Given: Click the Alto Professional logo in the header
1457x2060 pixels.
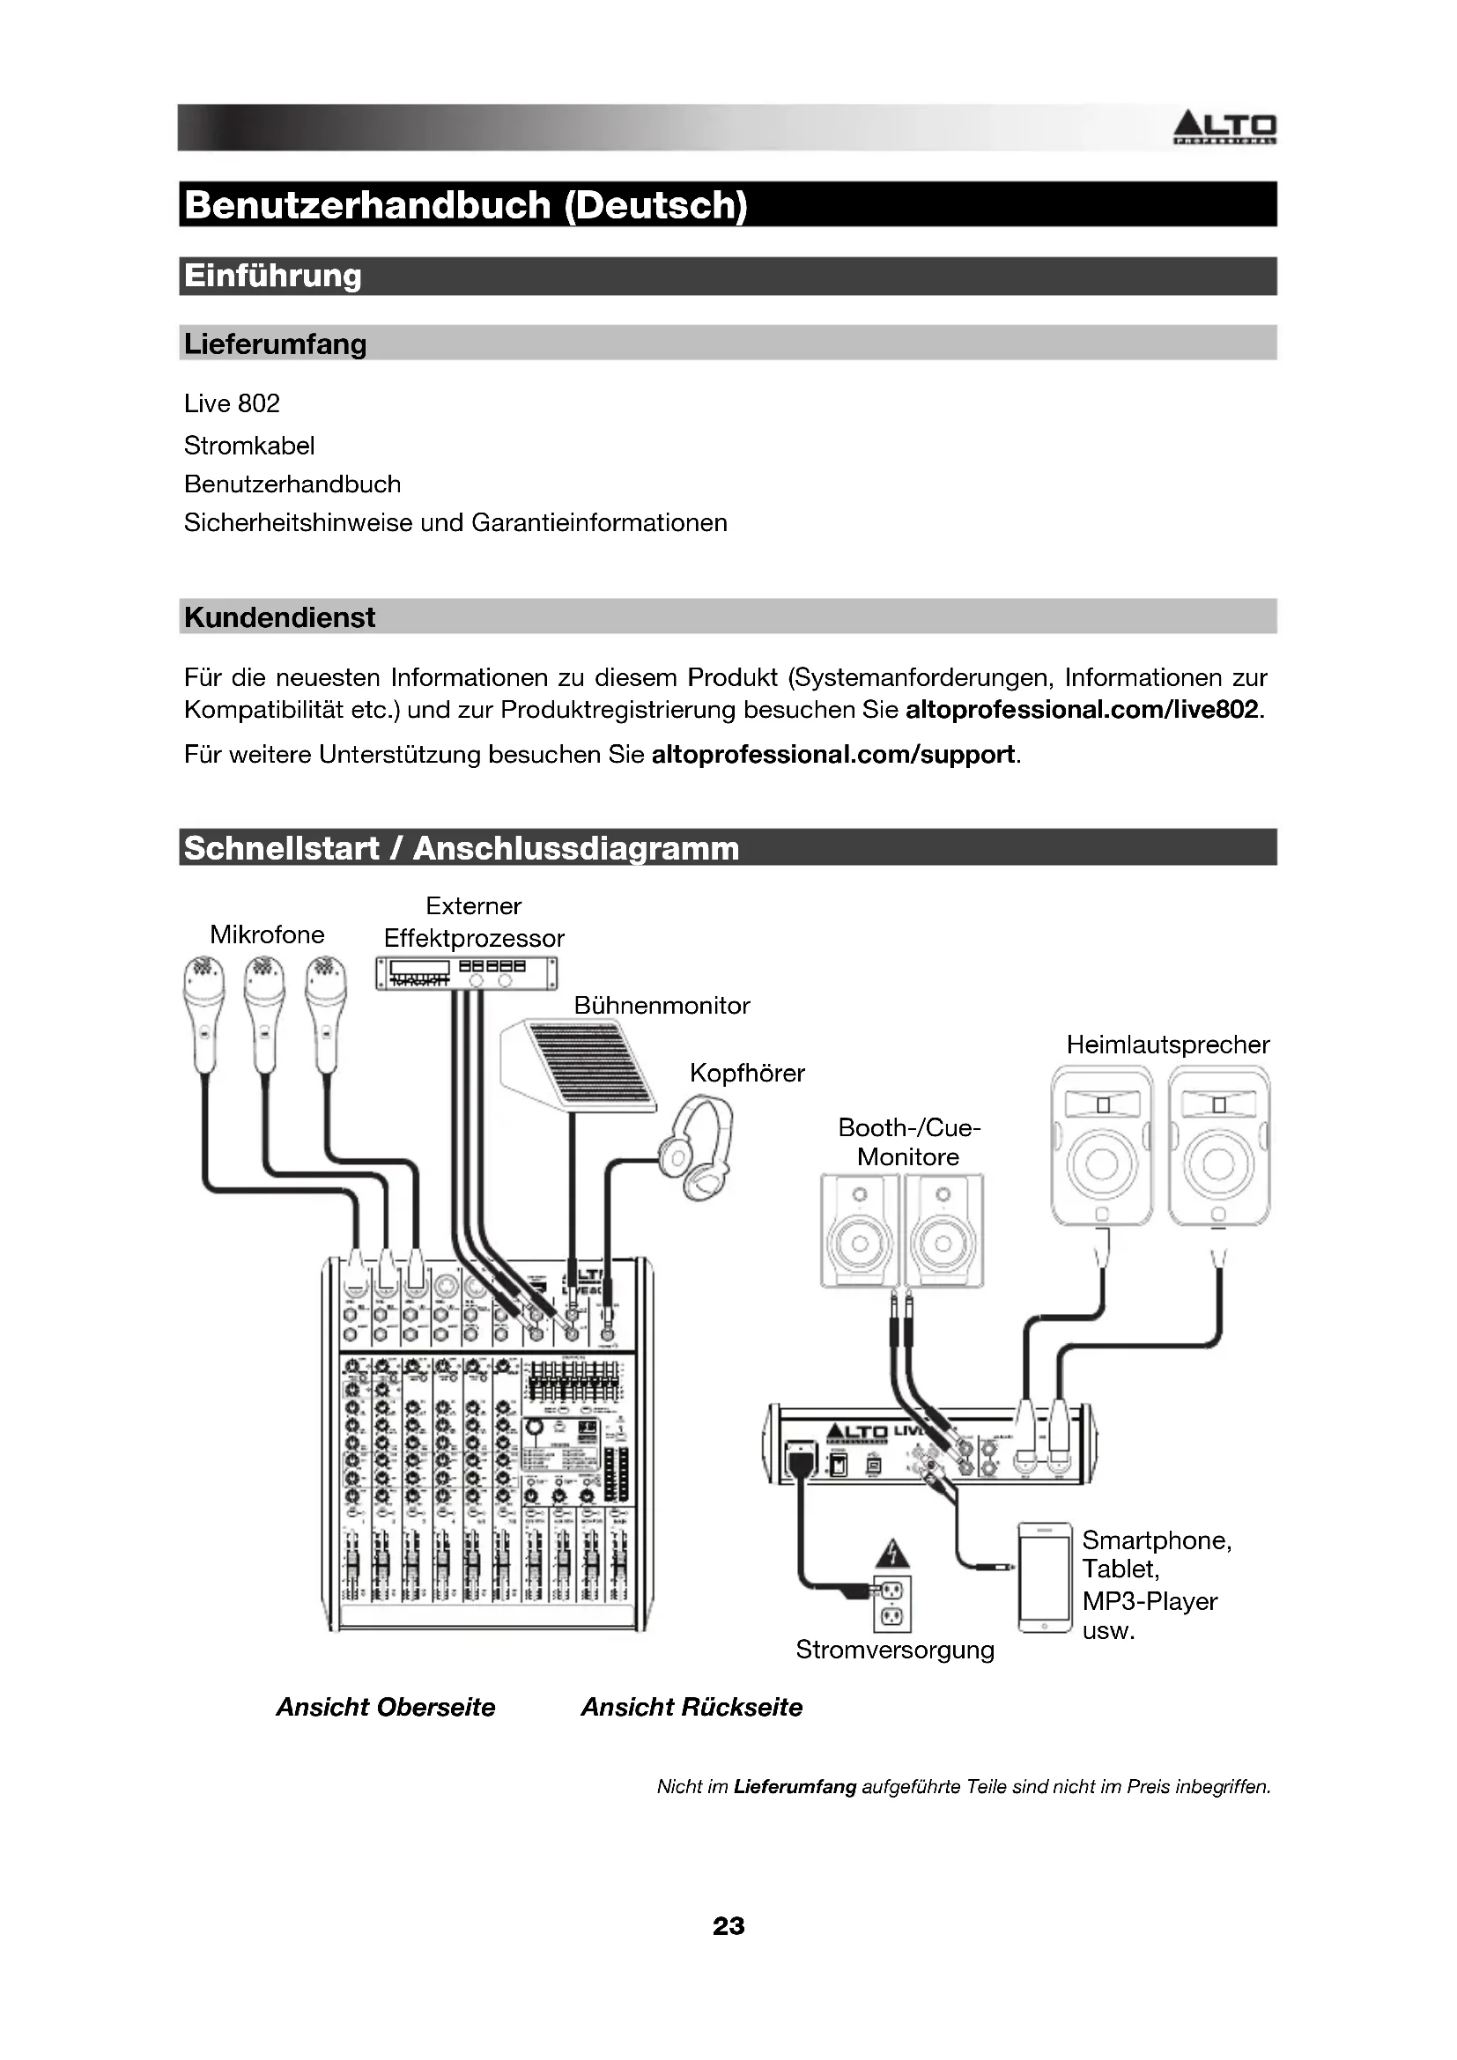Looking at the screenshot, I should pos(1224,129).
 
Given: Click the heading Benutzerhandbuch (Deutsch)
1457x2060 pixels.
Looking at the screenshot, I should pos(466,205).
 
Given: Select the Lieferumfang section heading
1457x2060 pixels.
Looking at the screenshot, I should pos(276,343).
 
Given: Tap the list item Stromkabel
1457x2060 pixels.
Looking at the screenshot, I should pos(249,445).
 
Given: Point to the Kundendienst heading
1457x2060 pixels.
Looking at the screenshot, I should pos(280,617).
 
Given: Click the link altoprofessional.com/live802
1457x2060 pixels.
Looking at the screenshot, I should pos(1083,710).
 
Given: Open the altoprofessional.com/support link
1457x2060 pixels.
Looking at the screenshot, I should pos(833,755).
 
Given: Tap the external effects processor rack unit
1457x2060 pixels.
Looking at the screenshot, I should pos(466,972).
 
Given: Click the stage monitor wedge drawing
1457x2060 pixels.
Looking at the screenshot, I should pos(580,1067).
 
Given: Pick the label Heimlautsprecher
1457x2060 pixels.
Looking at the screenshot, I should pos(1168,1045).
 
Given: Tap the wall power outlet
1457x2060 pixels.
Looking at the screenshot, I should pos(892,1603).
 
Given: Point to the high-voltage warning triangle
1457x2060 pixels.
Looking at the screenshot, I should pos(891,1553).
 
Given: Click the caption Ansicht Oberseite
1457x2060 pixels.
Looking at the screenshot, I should pos(386,1708).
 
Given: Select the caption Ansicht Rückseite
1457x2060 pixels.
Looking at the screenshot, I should pos(692,1708).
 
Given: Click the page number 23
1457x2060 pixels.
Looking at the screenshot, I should pos(728,1926).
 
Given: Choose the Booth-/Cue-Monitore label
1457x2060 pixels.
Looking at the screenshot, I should pos(909,1142).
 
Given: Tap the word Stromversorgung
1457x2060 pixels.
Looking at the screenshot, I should pos(895,1650).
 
